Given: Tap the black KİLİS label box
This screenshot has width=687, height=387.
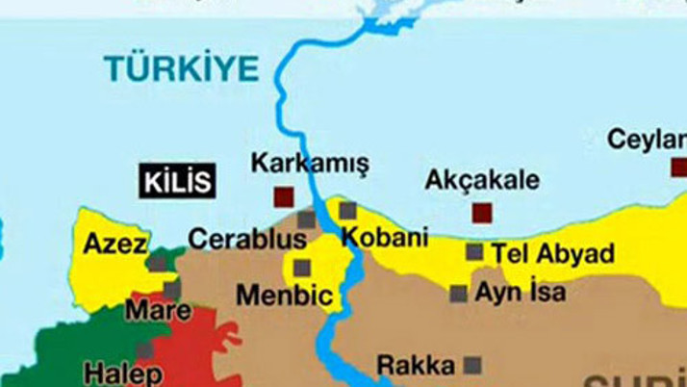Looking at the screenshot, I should click(177, 181).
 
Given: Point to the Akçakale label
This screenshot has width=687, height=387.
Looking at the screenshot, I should click(482, 180).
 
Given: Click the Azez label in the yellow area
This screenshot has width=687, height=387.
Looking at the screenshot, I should click(114, 242).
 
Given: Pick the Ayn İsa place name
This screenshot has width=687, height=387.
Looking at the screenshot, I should click(521, 292).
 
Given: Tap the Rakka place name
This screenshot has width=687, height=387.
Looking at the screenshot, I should click(415, 366).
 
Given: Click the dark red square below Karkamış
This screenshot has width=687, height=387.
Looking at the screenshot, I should click(284, 197).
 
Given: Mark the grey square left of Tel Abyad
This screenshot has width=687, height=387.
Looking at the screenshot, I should click(474, 252).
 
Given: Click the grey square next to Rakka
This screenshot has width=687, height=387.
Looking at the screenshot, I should click(472, 365).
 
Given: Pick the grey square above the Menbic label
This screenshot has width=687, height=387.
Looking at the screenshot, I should click(302, 267).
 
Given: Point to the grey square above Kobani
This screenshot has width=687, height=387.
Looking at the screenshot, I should click(347, 210).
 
